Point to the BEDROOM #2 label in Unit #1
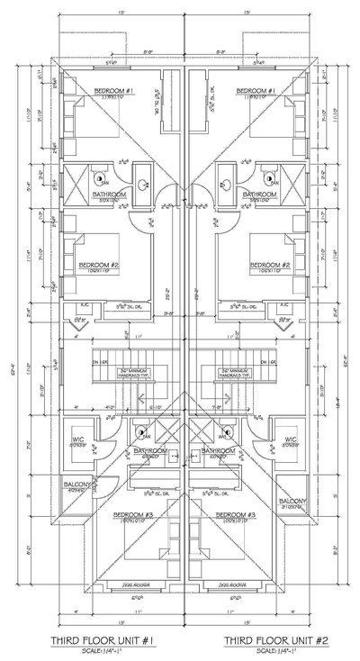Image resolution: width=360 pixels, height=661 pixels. click(x=96, y=265)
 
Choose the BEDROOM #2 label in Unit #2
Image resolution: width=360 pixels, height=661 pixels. click(x=272, y=265)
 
